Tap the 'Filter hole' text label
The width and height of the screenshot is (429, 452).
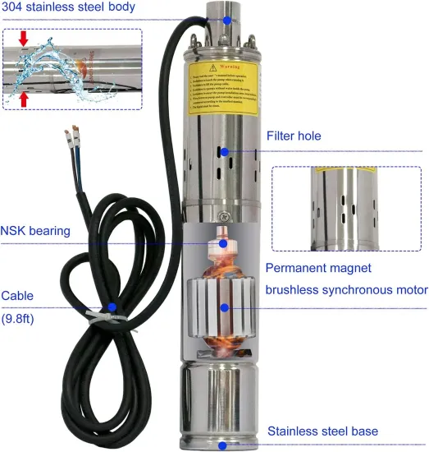tap(294, 136)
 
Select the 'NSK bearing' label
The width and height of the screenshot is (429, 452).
tap(35, 231)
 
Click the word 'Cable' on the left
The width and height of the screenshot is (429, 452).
tap(17, 295)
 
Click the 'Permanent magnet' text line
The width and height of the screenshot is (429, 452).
tap(317, 268)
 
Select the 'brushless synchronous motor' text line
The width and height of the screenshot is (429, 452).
tap(345, 289)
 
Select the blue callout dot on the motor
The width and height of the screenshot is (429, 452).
tap(223, 307)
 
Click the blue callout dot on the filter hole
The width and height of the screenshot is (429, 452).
tap(223, 151)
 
